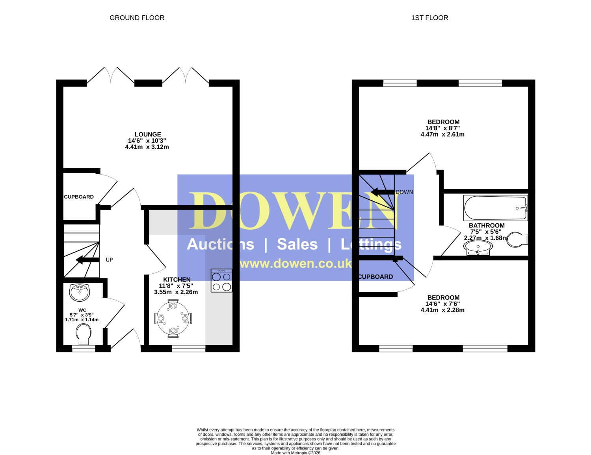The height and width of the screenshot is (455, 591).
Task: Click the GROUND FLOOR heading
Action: point(137,18)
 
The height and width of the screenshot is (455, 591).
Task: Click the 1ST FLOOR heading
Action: point(429,18)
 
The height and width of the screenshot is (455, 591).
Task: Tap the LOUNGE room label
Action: point(148,134)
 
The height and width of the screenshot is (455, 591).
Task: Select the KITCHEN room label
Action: point(177,279)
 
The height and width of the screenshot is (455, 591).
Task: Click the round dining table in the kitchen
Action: point(173,319)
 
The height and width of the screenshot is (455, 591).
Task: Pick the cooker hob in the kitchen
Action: point(221,280)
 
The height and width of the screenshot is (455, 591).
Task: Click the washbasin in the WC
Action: point(80,293)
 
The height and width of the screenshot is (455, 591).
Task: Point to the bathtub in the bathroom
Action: point(496,208)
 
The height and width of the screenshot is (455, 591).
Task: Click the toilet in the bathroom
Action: point(517,239)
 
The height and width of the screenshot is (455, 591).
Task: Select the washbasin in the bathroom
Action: point(478,248)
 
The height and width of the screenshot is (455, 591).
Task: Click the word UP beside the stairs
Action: point(109,260)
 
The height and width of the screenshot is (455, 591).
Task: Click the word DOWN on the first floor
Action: point(404,192)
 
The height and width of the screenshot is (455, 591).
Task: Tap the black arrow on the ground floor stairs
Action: point(87,260)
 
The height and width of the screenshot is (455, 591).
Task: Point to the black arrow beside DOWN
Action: point(383,192)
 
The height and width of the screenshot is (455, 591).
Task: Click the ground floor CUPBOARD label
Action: point(79,197)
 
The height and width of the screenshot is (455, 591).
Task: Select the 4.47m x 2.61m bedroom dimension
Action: point(442,134)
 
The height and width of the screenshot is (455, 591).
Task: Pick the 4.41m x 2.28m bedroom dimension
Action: point(442,310)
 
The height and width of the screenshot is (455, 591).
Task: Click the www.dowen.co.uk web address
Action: point(295,263)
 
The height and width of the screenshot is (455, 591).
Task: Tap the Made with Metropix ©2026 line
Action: point(295,453)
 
